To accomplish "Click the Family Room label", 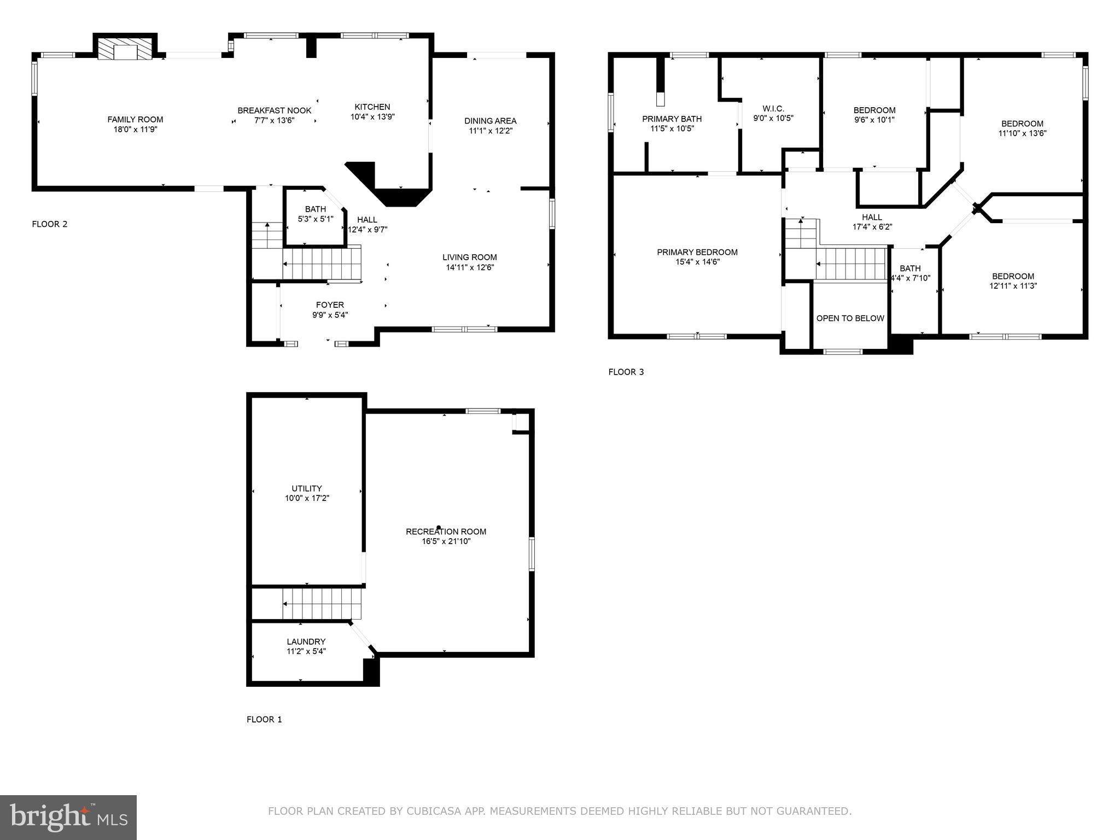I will coord(135,119).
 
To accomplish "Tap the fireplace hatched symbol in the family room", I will coord(125,49).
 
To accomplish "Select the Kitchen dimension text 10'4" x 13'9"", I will coord(372,117).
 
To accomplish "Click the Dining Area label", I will coord(490,121).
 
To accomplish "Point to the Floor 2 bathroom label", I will coord(316,209).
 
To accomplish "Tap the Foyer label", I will coord(330,305).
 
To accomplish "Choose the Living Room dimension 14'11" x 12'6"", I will coord(470,267).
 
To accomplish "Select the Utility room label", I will coord(306,488).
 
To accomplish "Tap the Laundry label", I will coord(306,641).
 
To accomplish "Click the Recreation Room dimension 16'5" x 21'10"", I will coord(446,541).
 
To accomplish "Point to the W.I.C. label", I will coord(773,108).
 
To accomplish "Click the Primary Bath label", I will coord(672,119).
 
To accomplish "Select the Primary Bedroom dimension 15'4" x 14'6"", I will coord(697,262).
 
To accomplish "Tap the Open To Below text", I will coord(850,318).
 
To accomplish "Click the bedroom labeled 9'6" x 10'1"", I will coord(874,115).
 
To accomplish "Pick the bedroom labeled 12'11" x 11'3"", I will coord(1013,281).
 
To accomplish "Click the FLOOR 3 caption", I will coord(626,372).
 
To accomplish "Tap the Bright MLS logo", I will coord(68,817).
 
